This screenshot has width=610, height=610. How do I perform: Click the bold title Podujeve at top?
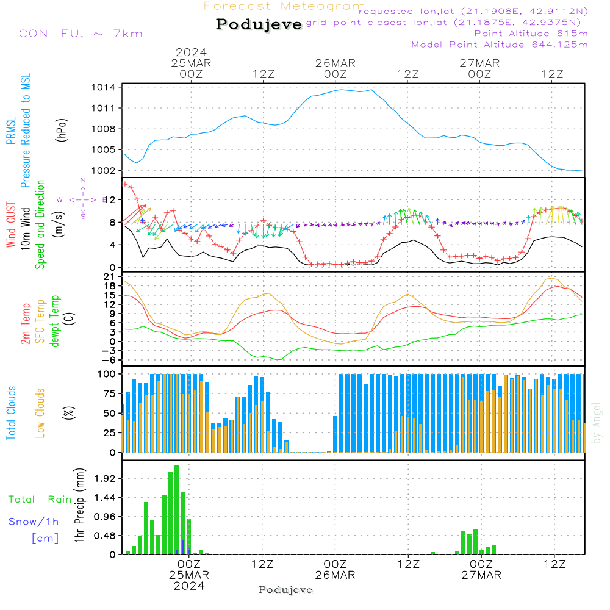click(259, 24)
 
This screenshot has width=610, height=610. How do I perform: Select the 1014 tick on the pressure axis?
click(105, 87)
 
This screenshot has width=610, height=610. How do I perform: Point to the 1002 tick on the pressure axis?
click(105, 170)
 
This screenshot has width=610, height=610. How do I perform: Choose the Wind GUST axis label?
click(12, 227)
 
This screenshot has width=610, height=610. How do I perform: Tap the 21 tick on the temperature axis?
click(110, 277)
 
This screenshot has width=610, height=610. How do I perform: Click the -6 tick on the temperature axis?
click(109, 360)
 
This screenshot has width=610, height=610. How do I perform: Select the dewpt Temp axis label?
click(56, 321)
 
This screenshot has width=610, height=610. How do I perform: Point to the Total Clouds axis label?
click(12, 413)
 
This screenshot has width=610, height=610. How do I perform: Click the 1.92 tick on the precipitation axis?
click(105, 478)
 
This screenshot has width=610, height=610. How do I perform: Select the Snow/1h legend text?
click(34, 521)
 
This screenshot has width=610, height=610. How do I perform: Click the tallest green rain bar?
click(176, 509)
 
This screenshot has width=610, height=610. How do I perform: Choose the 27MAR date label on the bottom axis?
click(481, 575)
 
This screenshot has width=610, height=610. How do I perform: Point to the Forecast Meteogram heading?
click(284, 6)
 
